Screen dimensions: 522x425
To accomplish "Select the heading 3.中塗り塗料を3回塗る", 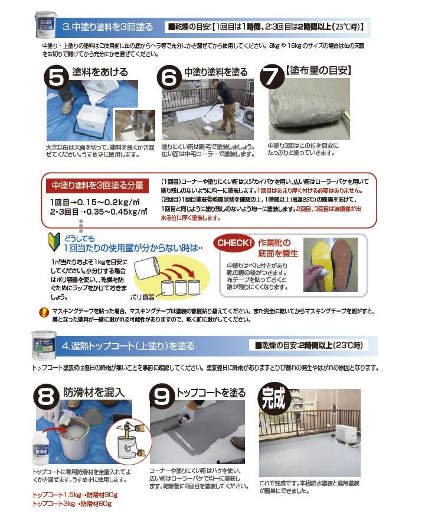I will [107, 27].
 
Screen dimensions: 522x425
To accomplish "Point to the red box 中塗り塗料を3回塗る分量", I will [96, 185].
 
